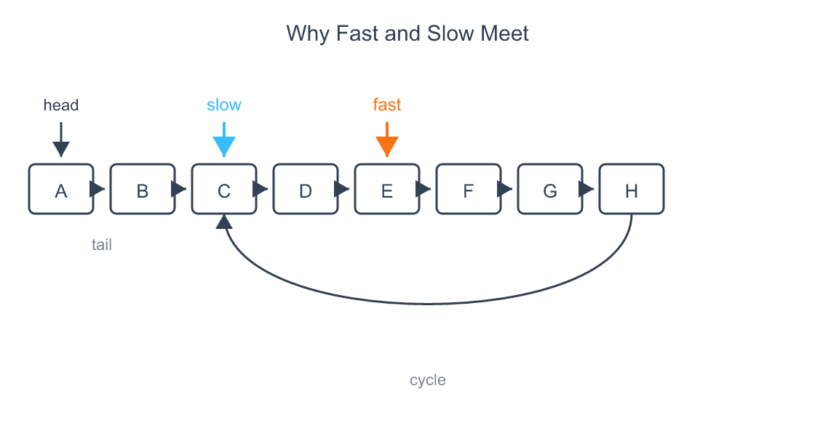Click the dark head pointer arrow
(x=61, y=141)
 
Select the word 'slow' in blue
(x=224, y=105)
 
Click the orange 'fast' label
(x=387, y=105)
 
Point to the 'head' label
(x=61, y=105)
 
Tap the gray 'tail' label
(x=102, y=245)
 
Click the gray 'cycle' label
(x=428, y=380)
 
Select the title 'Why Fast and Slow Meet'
(x=407, y=33)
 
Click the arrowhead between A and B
(x=98, y=189)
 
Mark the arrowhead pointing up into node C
(x=224, y=222)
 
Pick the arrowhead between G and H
(x=587, y=189)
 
